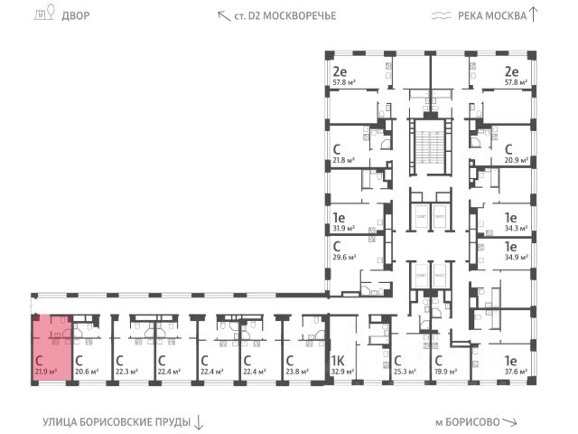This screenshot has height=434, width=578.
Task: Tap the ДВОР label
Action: point(77,14)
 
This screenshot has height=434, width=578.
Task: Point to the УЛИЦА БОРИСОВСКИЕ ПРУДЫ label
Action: point(116,422)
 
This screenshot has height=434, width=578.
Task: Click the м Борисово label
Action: point(469,422)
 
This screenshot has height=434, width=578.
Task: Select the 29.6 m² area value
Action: point(343,256)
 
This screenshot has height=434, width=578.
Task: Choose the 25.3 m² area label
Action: point(404,370)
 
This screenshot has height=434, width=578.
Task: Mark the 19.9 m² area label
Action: point(444,370)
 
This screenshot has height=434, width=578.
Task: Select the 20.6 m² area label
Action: point(86,370)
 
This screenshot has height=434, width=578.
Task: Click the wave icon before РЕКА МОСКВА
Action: point(441,14)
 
